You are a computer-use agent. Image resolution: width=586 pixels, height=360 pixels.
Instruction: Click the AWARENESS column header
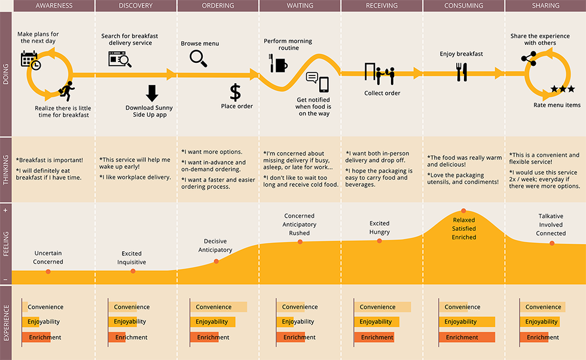[54, 5]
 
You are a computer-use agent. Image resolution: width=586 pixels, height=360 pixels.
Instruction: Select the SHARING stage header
[545, 5]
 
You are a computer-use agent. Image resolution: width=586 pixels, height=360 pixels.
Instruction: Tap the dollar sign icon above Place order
[235, 92]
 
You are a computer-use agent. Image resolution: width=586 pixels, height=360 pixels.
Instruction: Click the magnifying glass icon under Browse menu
[198, 59]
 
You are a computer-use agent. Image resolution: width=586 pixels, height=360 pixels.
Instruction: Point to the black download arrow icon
[152, 93]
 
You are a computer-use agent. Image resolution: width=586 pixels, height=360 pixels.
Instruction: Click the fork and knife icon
[462, 72]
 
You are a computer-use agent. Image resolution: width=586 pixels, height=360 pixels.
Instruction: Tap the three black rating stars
[563, 89]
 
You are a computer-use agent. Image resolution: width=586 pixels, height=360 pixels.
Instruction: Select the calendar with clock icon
[30, 61]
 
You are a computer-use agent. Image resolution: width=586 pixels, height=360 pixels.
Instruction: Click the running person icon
[67, 91]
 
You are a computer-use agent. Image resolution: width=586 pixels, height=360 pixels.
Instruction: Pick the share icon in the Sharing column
[529, 59]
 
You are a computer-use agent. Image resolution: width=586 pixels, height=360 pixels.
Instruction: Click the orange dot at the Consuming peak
[463, 211]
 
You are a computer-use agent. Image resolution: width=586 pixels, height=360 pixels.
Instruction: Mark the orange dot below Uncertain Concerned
[48, 271]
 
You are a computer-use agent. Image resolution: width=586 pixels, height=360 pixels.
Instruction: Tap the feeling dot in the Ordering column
[216, 261]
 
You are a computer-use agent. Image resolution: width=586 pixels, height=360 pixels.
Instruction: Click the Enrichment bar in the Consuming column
[467, 337]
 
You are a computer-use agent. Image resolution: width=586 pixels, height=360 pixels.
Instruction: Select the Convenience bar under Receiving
[382, 307]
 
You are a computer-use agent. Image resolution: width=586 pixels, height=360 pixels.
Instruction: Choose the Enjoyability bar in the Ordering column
[213, 322]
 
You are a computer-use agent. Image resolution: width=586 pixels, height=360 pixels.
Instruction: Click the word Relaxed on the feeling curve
[464, 220]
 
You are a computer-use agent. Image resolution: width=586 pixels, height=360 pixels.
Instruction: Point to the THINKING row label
[5, 170]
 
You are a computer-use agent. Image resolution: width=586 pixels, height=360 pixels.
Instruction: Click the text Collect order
[382, 93]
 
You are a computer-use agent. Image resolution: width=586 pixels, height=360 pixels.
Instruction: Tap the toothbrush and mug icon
[279, 63]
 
